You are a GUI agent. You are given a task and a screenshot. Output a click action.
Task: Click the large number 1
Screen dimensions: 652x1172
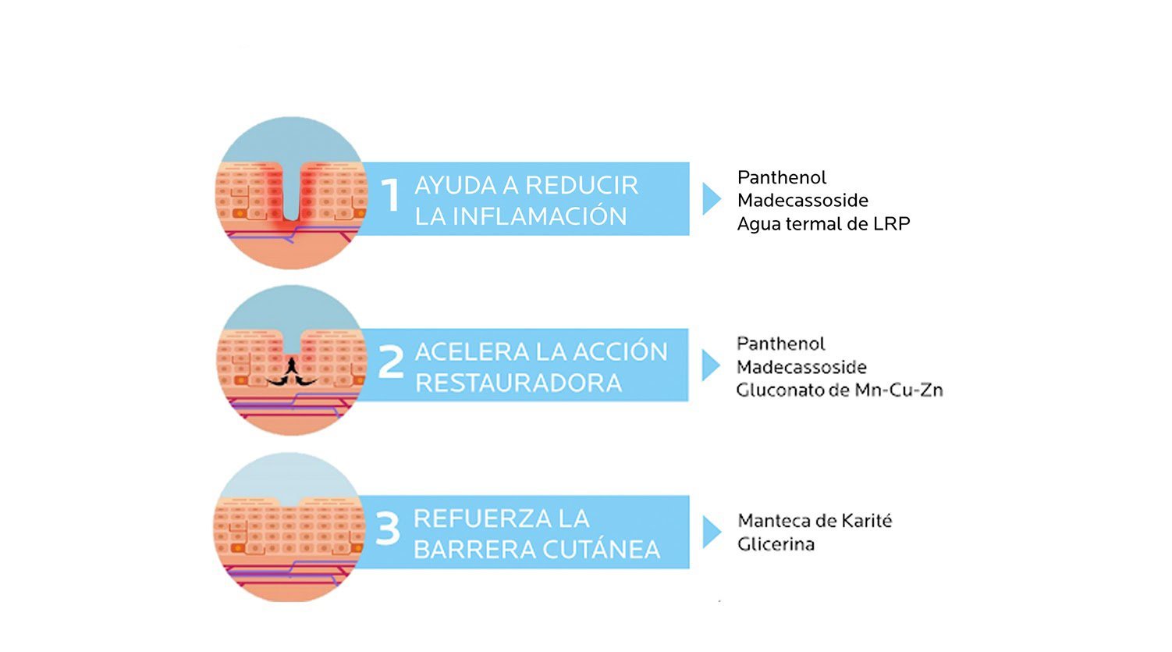[x=390, y=195]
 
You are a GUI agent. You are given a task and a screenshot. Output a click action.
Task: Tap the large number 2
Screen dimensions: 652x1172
[x=390, y=362]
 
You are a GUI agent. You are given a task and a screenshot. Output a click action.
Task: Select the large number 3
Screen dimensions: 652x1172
[x=388, y=529]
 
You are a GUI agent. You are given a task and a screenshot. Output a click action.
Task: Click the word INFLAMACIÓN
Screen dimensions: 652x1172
[x=539, y=216]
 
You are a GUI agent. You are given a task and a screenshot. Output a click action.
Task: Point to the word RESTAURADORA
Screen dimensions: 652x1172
[x=518, y=383]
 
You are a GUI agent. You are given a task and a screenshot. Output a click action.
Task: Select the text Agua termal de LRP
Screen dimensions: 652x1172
[x=823, y=224]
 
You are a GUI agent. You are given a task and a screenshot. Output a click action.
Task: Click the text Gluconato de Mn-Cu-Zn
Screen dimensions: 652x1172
[x=840, y=390]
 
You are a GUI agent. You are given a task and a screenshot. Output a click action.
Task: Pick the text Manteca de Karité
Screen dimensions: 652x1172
[x=815, y=521]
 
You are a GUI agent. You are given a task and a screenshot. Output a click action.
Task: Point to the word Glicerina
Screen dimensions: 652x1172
[x=776, y=544]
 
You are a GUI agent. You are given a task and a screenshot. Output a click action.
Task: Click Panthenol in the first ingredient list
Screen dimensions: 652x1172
[x=781, y=177]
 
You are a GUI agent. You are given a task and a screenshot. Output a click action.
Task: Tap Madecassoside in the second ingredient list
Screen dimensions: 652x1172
[x=801, y=367]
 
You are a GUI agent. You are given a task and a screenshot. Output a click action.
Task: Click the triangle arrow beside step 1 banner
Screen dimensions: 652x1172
[x=710, y=199]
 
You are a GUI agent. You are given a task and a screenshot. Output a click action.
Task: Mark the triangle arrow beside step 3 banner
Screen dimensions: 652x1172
[x=710, y=532]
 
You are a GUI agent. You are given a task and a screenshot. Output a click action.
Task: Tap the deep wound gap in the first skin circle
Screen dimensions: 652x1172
[x=291, y=191]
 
